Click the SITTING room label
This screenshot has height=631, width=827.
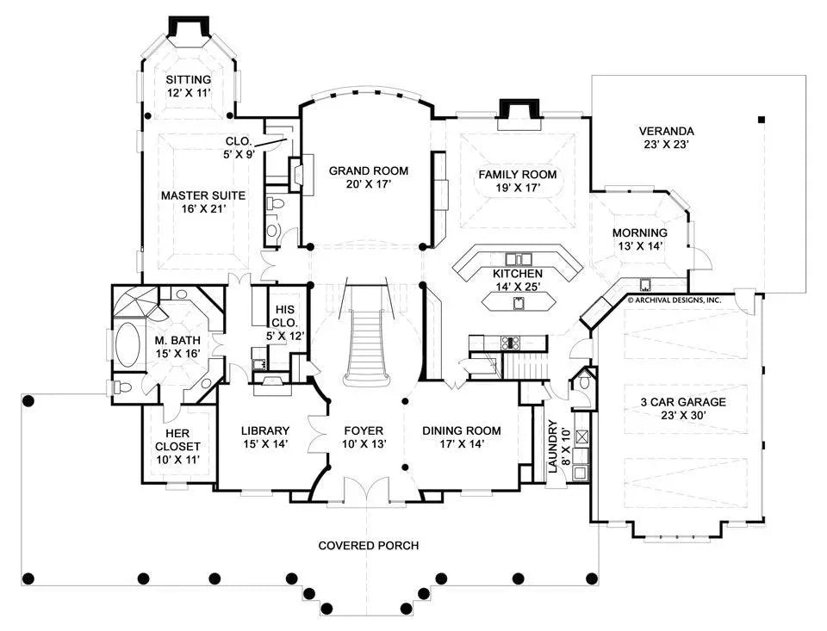[x=188, y=80]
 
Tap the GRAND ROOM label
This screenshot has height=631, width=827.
[x=369, y=170]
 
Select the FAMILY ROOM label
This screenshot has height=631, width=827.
[x=517, y=175]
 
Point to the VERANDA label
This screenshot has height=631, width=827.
[x=666, y=132]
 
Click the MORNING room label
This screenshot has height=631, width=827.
[x=639, y=233]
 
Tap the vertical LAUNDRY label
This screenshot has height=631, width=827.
[x=552, y=447]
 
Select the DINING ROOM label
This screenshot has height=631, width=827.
[x=460, y=430]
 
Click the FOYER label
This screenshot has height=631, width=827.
[x=363, y=430]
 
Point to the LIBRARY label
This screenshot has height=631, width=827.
[x=264, y=430]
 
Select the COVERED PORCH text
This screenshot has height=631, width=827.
[x=369, y=546]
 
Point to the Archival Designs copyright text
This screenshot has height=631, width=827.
[x=674, y=300]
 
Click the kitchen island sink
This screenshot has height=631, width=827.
[x=519, y=301]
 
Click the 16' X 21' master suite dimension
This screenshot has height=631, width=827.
[x=203, y=209]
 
